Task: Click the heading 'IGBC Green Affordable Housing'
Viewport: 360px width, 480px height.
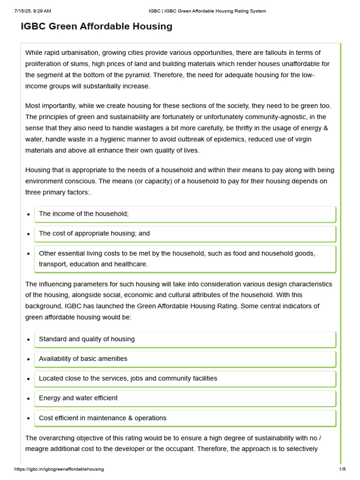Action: [x=97, y=27]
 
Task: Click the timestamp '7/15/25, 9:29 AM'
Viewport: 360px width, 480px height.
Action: [x=32, y=11]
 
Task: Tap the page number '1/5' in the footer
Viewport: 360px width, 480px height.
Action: [x=342, y=469]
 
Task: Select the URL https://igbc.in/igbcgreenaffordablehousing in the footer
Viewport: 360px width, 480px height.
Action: [x=59, y=469]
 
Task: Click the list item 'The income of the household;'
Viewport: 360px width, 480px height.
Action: [x=83, y=214]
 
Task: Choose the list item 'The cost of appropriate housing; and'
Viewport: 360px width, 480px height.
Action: [x=94, y=233]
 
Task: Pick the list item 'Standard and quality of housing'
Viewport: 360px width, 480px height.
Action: [x=87, y=339]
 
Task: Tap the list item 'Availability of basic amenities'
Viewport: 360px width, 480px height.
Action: [x=83, y=359]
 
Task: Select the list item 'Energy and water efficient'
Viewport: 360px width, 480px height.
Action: [x=78, y=398]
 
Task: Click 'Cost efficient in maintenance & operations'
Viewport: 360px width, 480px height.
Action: [x=103, y=418]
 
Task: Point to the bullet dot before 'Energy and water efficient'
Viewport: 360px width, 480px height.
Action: [x=29, y=398]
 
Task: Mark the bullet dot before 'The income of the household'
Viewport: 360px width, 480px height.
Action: [x=29, y=214]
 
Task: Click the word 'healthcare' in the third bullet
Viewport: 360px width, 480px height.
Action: [x=131, y=264]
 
